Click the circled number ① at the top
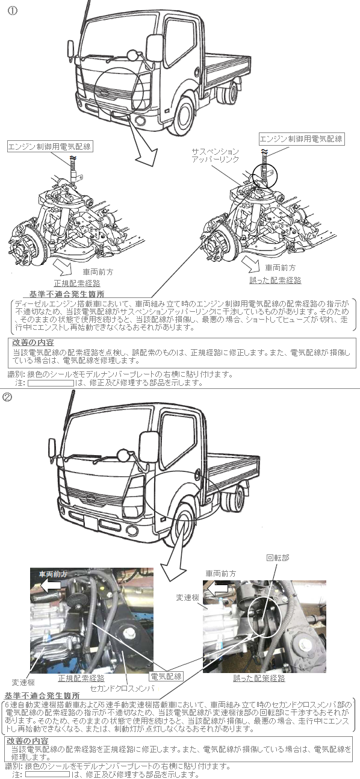click(x=13, y=10)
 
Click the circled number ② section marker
click(x=7, y=397)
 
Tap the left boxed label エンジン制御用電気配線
click(x=49, y=146)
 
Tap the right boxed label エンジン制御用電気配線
click(x=302, y=139)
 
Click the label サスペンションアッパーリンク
click(x=216, y=155)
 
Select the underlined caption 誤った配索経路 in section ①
click(x=275, y=281)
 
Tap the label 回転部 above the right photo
click(x=278, y=557)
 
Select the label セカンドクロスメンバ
click(x=122, y=687)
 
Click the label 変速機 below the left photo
click(x=23, y=682)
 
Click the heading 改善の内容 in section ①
click(x=33, y=343)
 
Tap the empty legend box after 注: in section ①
click(x=51, y=383)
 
